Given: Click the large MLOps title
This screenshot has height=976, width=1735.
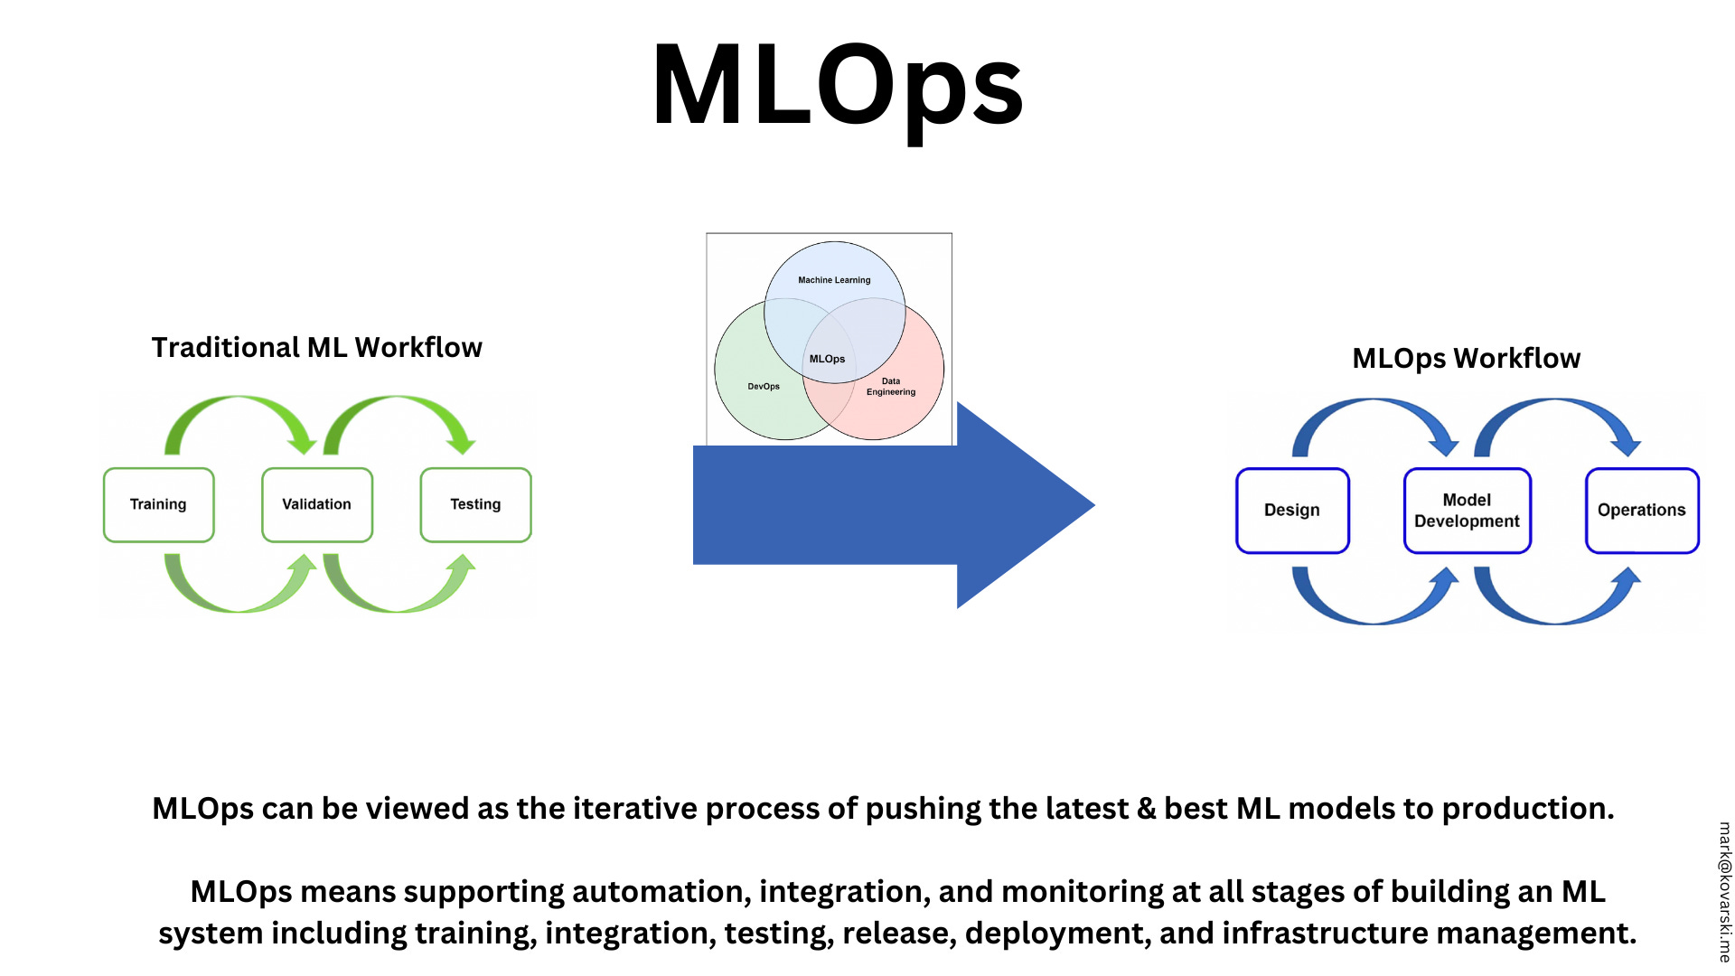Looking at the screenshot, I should [x=837, y=87].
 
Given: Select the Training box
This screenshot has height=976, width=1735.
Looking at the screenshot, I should [x=158, y=504].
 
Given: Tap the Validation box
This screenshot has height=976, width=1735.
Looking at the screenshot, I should [x=316, y=504].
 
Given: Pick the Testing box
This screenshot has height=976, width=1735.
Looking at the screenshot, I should [x=475, y=504].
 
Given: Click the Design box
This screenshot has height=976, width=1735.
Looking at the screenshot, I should [x=1291, y=510].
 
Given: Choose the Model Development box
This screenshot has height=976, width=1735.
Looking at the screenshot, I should [x=1467, y=510].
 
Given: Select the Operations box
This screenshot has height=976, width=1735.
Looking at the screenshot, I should [x=1641, y=510].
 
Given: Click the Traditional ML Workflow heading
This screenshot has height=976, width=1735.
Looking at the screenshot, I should [x=316, y=347].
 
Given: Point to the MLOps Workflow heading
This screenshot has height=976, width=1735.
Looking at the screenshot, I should [x=1466, y=358].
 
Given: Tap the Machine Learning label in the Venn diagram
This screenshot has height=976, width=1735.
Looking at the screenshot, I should [x=834, y=280].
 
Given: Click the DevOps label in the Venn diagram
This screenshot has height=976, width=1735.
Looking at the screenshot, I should [x=764, y=386].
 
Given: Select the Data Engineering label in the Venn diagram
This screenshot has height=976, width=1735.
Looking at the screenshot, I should [x=891, y=387].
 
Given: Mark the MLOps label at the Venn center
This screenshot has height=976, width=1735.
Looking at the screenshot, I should [x=827, y=359].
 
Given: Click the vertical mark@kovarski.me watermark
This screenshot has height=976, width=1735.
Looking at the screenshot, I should [x=1723, y=891].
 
